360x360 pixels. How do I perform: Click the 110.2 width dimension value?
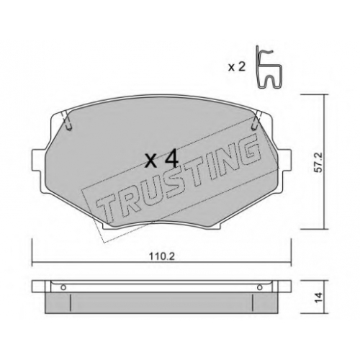[162, 257]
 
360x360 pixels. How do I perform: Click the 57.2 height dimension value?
[319, 163]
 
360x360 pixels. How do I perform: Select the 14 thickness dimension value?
[319, 298]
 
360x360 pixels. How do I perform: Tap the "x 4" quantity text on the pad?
[162, 158]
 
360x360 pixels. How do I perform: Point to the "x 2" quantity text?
[237, 68]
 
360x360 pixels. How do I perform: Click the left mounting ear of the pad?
[38, 161]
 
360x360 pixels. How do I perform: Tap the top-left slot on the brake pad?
[68, 122]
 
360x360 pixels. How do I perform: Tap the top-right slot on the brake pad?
[256, 122]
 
